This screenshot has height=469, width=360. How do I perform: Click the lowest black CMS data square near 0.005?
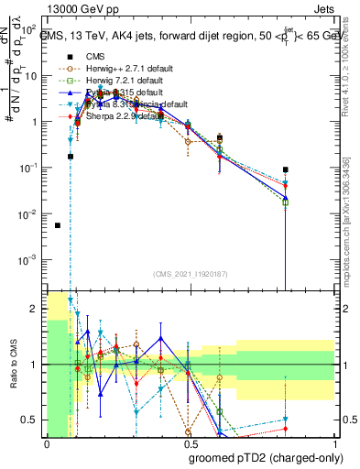[58, 225]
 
